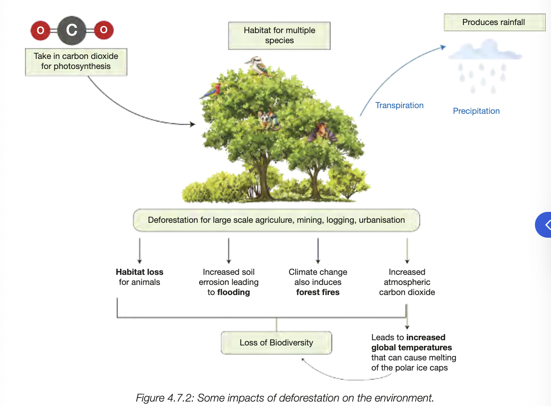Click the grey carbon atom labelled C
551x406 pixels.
(x=72, y=30)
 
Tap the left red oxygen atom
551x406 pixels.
(x=40, y=30)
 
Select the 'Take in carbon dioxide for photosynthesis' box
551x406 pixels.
(x=76, y=62)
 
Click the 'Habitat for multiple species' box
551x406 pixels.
(x=279, y=36)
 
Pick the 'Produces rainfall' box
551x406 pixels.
(x=494, y=23)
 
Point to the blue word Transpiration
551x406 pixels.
(x=399, y=105)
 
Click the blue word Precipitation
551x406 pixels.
(x=476, y=111)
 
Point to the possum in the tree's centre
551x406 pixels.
(x=268, y=120)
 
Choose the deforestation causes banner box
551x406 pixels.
(x=276, y=220)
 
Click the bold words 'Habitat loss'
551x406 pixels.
(x=140, y=272)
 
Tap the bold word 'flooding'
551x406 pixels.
(x=234, y=292)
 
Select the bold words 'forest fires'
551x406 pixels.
(x=318, y=292)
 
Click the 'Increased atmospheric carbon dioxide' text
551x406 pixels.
(x=407, y=282)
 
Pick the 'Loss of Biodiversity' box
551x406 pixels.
(x=276, y=343)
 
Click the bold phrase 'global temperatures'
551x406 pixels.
(x=411, y=347)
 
